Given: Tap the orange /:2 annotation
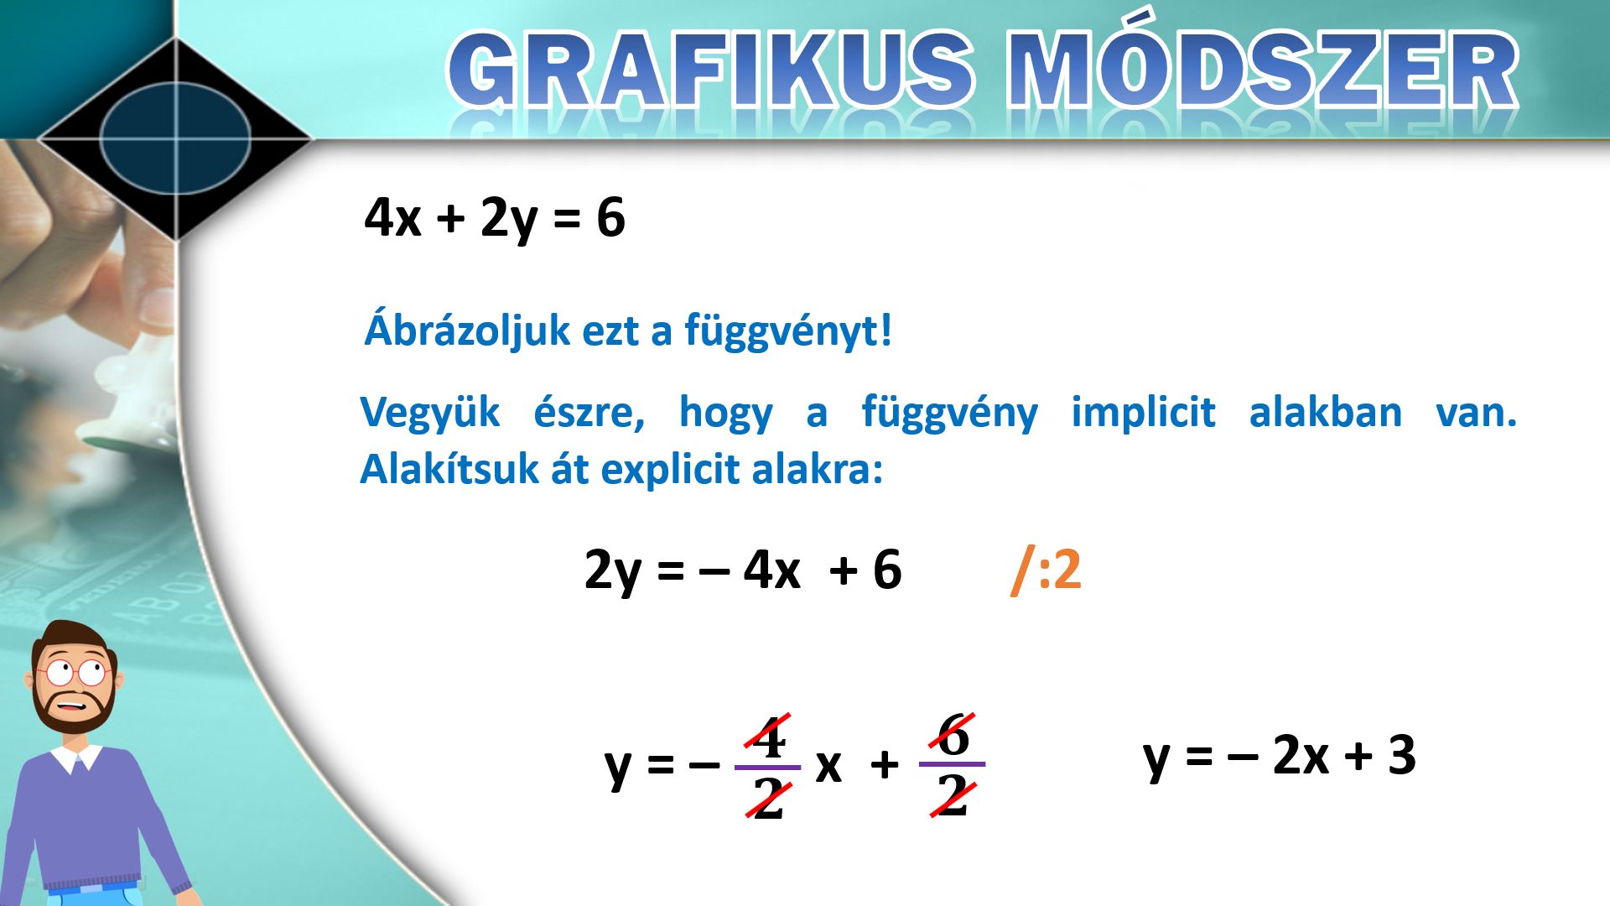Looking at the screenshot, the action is pyautogui.click(x=1046, y=570).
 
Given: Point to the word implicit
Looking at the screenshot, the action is pyautogui.click(x=1144, y=412).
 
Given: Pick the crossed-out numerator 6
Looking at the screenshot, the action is pyautogui.click(x=953, y=735).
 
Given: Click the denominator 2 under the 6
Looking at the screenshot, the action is pyautogui.click(x=953, y=794).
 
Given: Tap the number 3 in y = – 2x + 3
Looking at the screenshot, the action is pyautogui.click(x=1402, y=754).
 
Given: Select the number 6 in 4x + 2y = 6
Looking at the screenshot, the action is pyautogui.click(x=610, y=217).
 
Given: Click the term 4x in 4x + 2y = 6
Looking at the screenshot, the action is pyautogui.click(x=392, y=217).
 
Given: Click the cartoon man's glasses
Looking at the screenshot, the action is pyautogui.click(x=74, y=671).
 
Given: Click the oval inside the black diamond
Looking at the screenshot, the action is pyautogui.click(x=175, y=138).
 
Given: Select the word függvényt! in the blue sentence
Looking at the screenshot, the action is pyautogui.click(x=788, y=330).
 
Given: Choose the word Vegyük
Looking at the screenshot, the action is pyautogui.click(x=429, y=414).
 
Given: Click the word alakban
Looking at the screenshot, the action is pyautogui.click(x=1325, y=412).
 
